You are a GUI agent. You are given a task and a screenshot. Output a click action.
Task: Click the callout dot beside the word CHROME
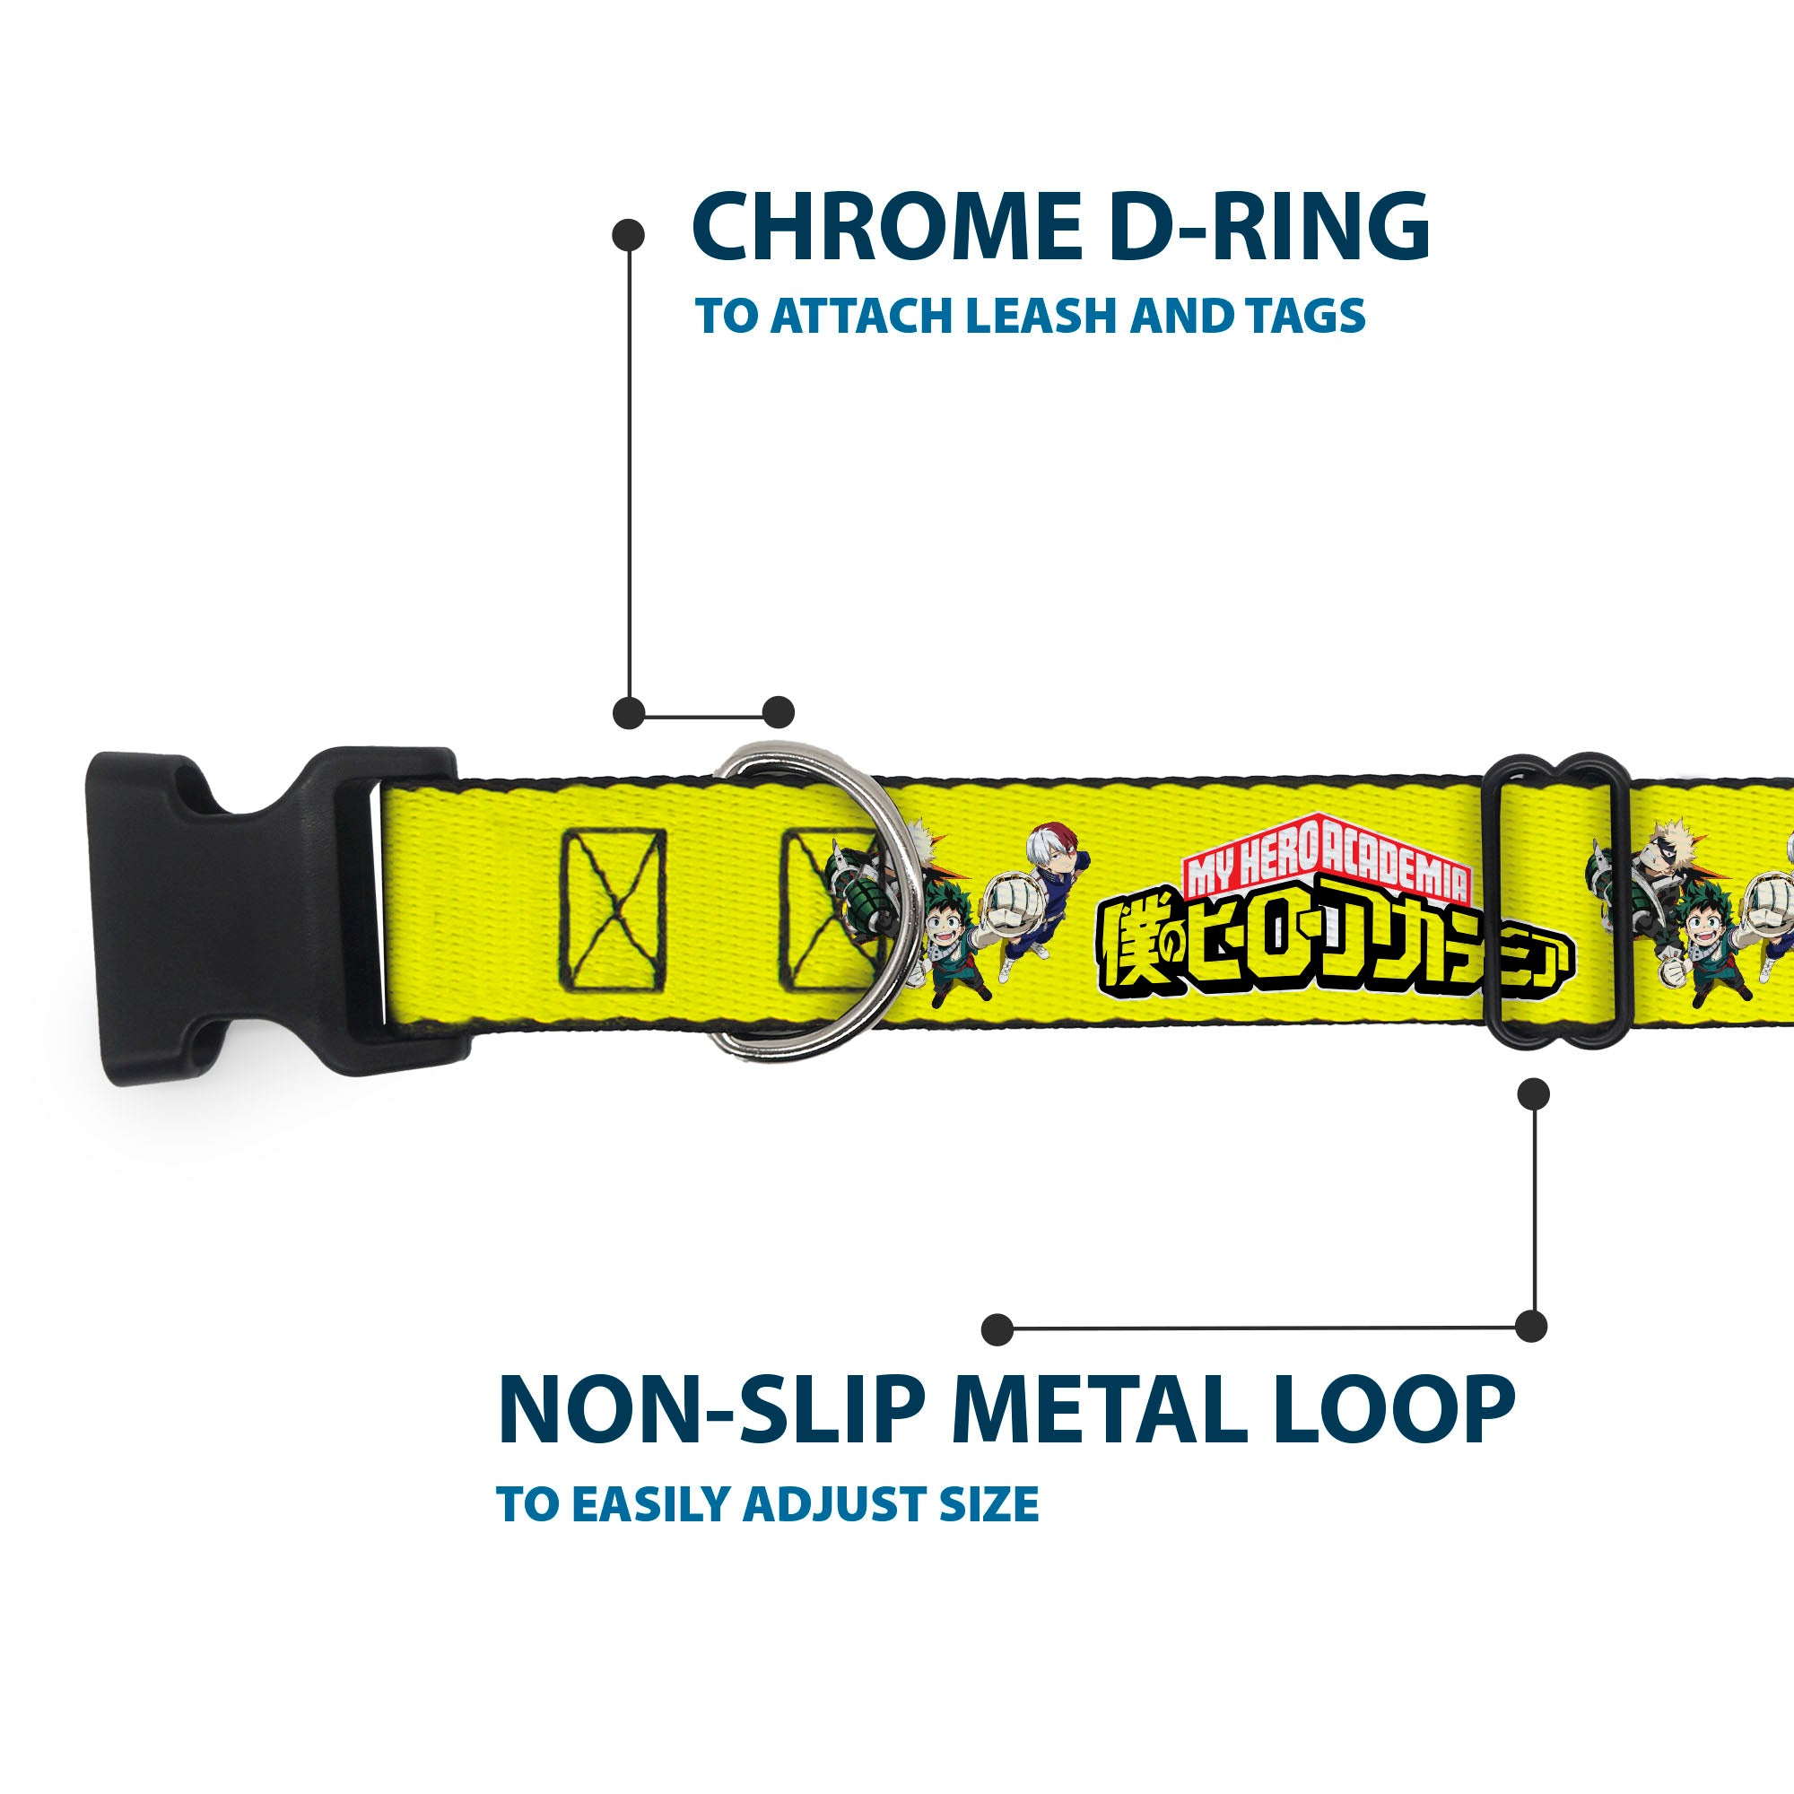tap(629, 235)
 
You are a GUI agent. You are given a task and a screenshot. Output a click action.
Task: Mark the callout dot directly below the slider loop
tap(1533, 1093)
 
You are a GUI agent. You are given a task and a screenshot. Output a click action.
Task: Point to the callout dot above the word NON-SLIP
tap(997, 1328)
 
